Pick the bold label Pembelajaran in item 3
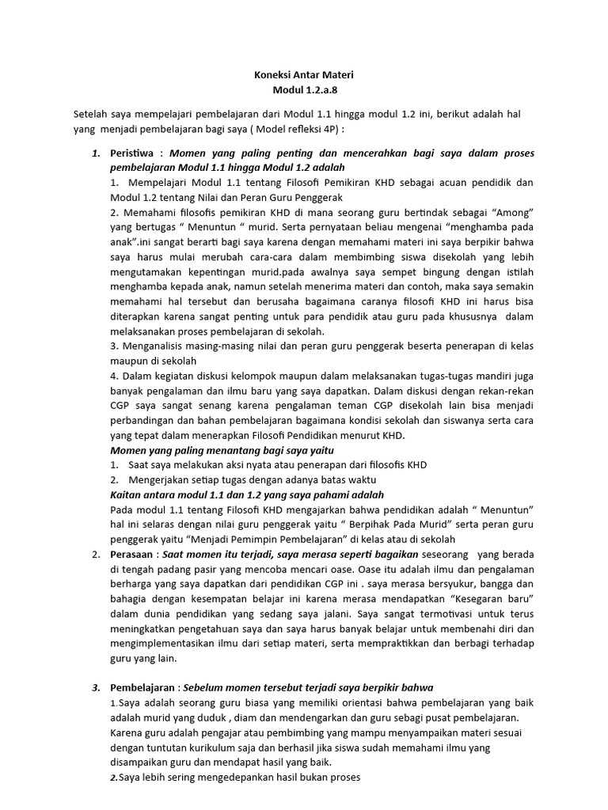click(x=144, y=687)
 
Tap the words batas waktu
click(x=351, y=481)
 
